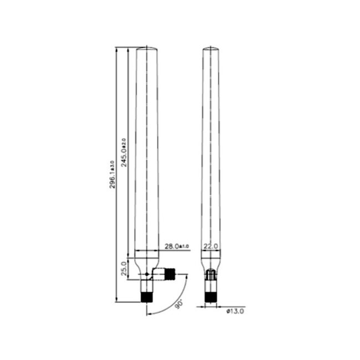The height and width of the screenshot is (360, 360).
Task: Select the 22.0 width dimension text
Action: tap(210, 245)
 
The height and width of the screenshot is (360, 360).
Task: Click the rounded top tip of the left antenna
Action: tap(147, 49)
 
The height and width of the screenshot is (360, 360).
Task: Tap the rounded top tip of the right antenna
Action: tap(210, 49)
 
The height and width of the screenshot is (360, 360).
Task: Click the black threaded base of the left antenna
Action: tap(147, 297)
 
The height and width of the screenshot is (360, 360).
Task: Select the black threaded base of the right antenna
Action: tap(210, 297)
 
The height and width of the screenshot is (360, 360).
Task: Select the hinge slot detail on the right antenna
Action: tap(210, 274)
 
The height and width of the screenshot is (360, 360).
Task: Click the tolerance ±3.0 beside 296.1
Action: tap(112, 164)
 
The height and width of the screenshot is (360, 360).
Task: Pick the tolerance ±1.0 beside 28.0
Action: tap(184, 246)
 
